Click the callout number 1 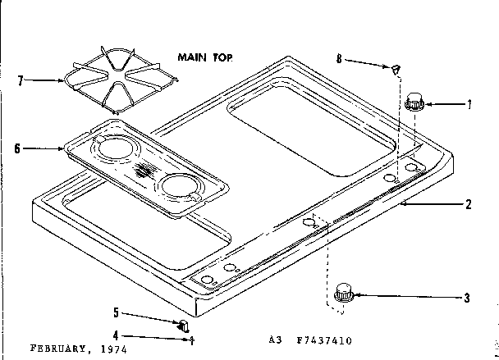[x=469, y=104]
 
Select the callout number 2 [x=468, y=204]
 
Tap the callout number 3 [x=468, y=297]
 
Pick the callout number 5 [x=116, y=312]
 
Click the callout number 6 [x=17, y=148]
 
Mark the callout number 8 [x=339, y=58]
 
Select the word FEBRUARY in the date [x=46, y=348]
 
